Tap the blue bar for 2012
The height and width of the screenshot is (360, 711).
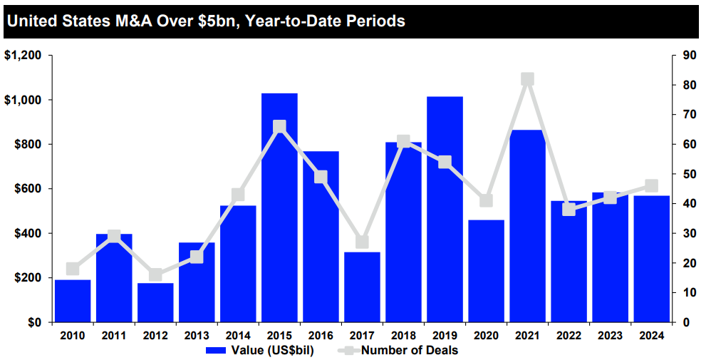point(155,302)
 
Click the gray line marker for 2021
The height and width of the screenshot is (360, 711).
point(527,79)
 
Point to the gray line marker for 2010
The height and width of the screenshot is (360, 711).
point(73,269)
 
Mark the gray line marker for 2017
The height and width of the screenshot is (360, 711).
point(362,242)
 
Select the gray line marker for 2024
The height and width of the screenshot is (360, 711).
point(651,186)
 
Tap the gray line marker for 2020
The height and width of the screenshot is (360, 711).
point(486,201)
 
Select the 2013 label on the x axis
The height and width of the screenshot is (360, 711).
point(197,335)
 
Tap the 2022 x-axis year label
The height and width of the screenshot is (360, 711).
point(569,335)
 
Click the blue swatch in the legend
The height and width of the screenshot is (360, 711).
point(217,350)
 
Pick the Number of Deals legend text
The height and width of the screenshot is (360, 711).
point(410,350)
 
